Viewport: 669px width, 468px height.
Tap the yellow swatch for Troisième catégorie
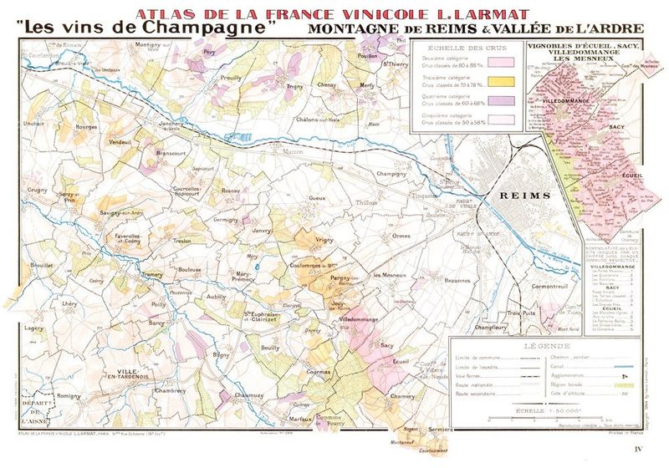pos(499,82)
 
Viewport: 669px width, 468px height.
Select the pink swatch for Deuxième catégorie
pos(499,60)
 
